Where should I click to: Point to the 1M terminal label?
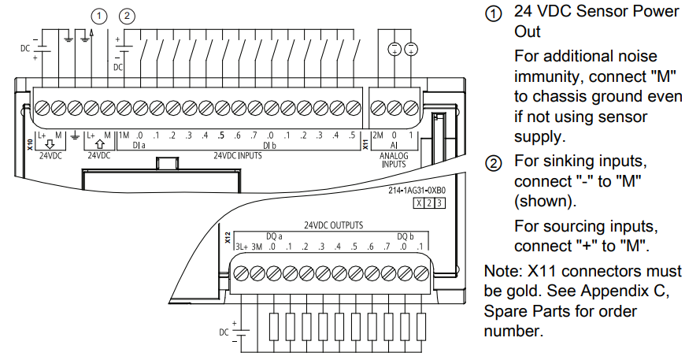[x=123, y=135]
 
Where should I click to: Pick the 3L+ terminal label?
[x=242, y=247]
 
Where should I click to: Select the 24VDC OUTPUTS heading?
[x=339, y=225]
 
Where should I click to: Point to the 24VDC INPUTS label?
[x=238, y=155]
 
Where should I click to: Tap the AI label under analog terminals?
[x=394, y=146]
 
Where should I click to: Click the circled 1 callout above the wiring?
[x=99, y=15]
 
